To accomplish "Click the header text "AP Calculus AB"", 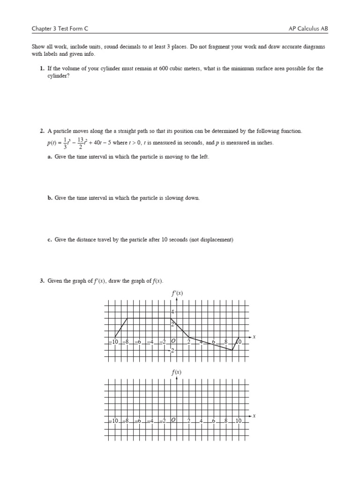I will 308,29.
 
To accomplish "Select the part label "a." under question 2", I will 50,157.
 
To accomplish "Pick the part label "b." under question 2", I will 50,198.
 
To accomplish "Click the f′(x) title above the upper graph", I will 176,293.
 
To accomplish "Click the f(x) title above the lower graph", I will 176,373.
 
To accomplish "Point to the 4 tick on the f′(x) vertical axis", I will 172,312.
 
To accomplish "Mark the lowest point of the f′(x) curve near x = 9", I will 232,350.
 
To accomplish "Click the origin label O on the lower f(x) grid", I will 173,420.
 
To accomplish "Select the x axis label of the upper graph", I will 254,337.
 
